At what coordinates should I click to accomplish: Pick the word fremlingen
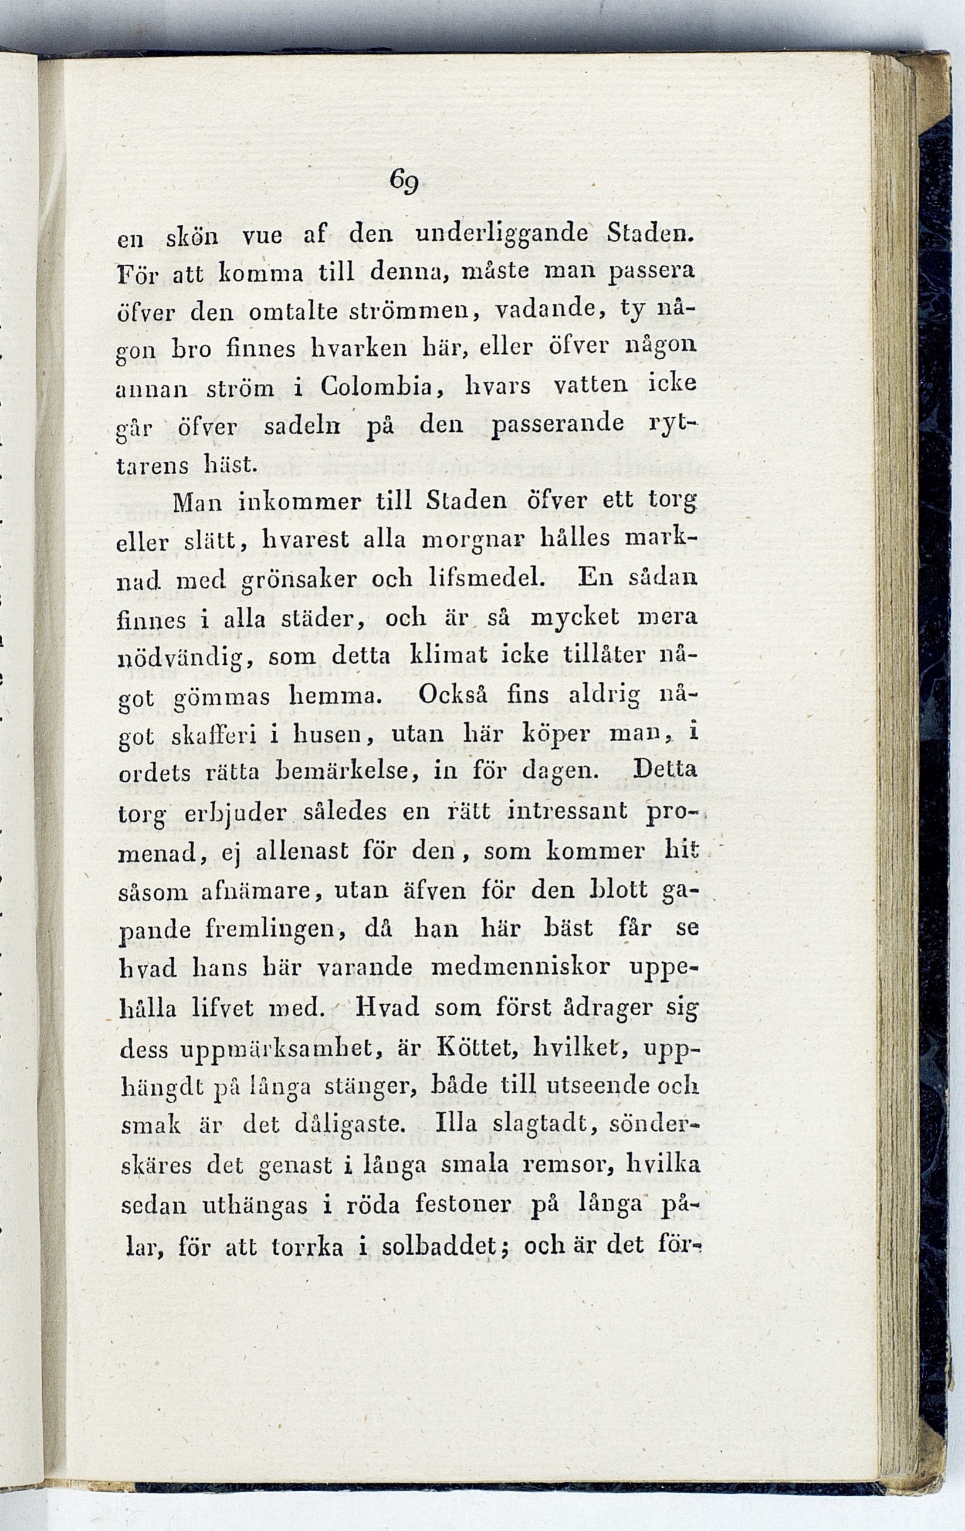276,930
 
